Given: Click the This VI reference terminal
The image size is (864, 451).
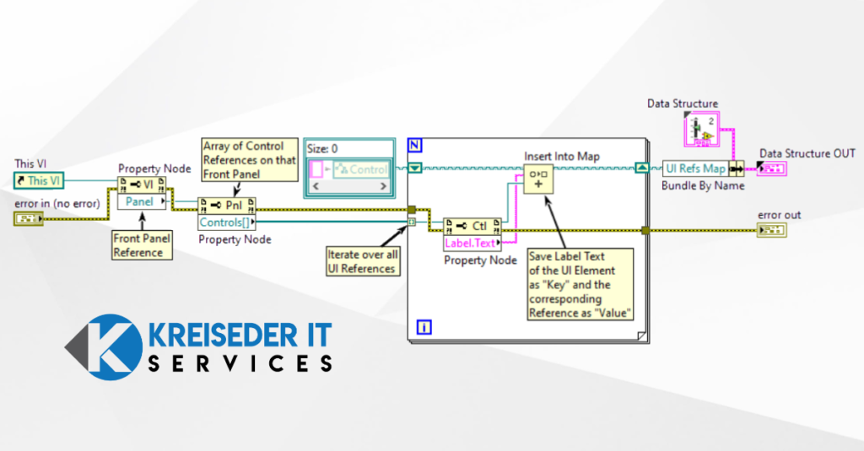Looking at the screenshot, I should pos(38,180).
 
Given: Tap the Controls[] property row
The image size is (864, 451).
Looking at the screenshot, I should pos(224,223).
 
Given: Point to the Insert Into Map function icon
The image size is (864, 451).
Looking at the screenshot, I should pos(537,179).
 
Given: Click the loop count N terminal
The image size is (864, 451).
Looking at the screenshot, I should pos(413,144).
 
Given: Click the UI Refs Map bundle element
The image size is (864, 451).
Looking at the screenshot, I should pos(695,169).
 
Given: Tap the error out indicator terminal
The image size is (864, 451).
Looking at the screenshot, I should pos(772,231).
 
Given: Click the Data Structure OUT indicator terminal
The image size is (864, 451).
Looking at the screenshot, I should pos(772,169).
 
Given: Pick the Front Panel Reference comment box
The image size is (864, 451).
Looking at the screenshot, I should pos(143,245).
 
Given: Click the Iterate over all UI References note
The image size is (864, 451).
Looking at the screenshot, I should pos(361,261).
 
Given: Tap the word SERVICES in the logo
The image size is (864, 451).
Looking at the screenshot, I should pos(240,363).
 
